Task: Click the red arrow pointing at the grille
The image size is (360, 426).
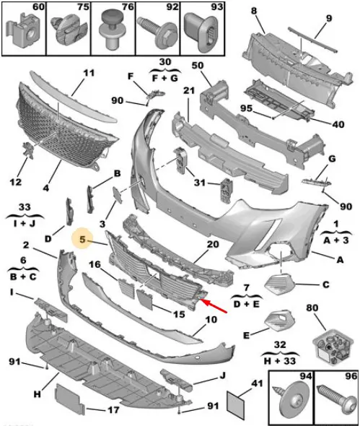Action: tap(214, 306)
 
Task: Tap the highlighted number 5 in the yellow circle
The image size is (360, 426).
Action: tap(82, 239)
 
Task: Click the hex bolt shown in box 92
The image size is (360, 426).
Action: tap(157, 33)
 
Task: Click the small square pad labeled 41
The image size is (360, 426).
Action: tap(235, 403)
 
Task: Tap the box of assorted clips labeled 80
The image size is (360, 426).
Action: tap(333, 346)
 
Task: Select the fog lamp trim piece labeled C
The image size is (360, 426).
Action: tap(280, 284)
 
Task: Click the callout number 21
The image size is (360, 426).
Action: tap(189, 90)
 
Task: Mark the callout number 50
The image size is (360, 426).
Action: tap(198, 66)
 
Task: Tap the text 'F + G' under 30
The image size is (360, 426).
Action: tap(164, 78)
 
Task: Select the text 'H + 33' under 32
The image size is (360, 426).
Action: tap(280, 361)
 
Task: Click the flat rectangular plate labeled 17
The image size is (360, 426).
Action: tap(69, 397)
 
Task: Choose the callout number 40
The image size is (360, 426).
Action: tap(338, 125)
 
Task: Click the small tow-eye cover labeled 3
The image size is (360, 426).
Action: tap(118, 195)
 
